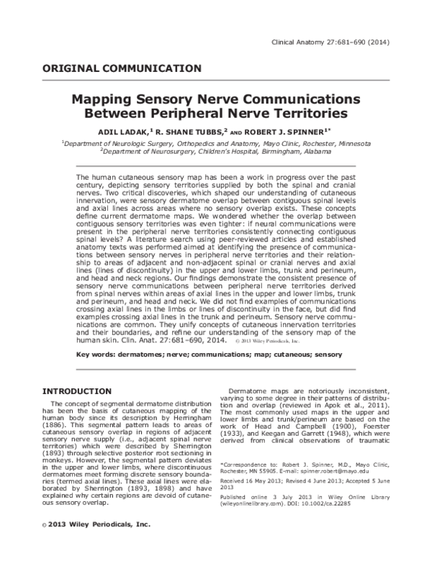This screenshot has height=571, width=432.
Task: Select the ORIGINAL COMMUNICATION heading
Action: coord(122,69)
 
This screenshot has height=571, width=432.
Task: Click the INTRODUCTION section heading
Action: coord(76,391)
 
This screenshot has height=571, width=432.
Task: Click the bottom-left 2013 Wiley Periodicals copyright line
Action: coord(95,545)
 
